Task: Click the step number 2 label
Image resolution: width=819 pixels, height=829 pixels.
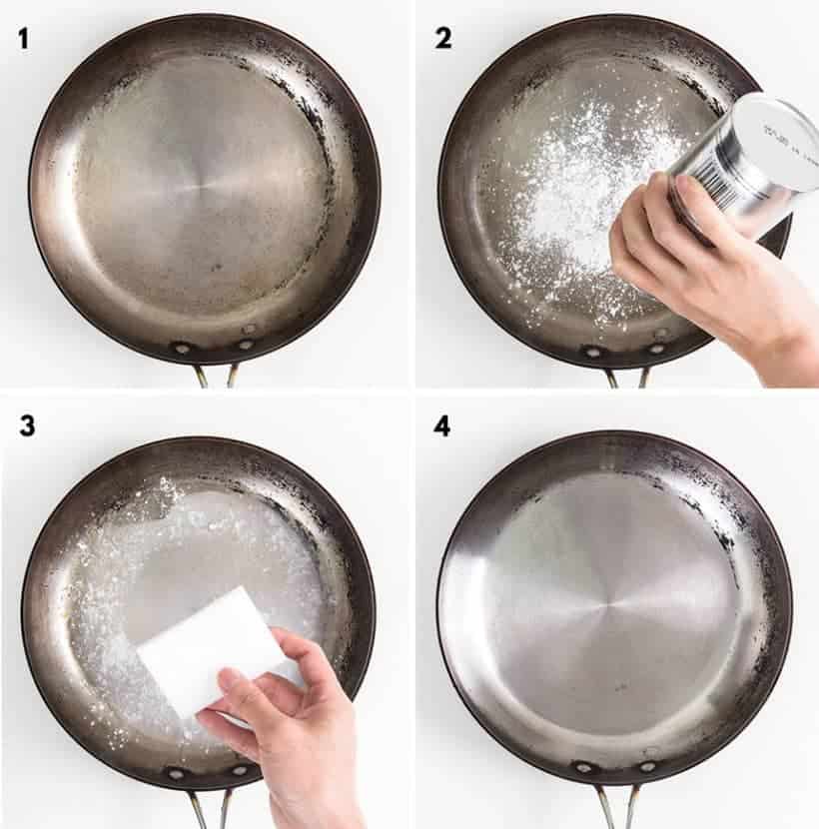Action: coord(443,39)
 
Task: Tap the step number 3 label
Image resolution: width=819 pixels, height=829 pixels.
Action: coord(27,425)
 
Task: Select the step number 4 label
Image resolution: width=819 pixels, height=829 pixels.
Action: coord(442,425)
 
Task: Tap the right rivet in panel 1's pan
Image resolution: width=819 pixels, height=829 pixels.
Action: coord(246,346)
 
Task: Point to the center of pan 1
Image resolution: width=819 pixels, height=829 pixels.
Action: coord(204,186)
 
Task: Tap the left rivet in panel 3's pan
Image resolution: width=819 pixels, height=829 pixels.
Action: coord(178,771)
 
